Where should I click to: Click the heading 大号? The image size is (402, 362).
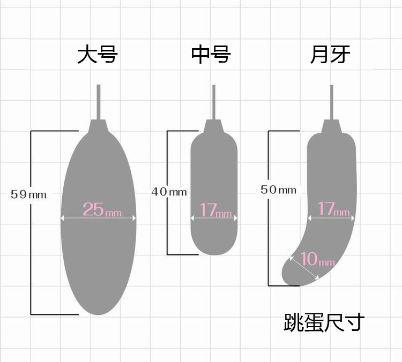click(x=97, y=55)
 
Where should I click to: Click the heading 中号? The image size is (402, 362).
click(x=211, y=55)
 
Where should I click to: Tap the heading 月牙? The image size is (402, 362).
click(x=330, y=55)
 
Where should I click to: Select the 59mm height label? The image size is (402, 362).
click(x=28, y=194)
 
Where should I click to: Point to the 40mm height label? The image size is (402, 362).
click(x=169, y=191)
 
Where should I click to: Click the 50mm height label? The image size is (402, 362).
click(x=278, y=190)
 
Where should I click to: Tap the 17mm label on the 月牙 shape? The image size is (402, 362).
click(x=333, y=209)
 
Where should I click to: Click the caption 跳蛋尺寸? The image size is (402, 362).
click(x=324, y=322)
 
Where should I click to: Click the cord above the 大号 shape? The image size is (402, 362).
click(x=98, y=102)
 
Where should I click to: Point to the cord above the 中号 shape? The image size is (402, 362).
click(x=214, y=102)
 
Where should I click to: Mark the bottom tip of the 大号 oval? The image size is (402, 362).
click(x=98, y=313)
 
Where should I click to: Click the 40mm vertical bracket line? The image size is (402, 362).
click(x=168, y=225)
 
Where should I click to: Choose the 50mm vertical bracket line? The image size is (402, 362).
click(x=269, y=236)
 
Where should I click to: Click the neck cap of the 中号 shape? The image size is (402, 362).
click(x=214, y=127)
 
